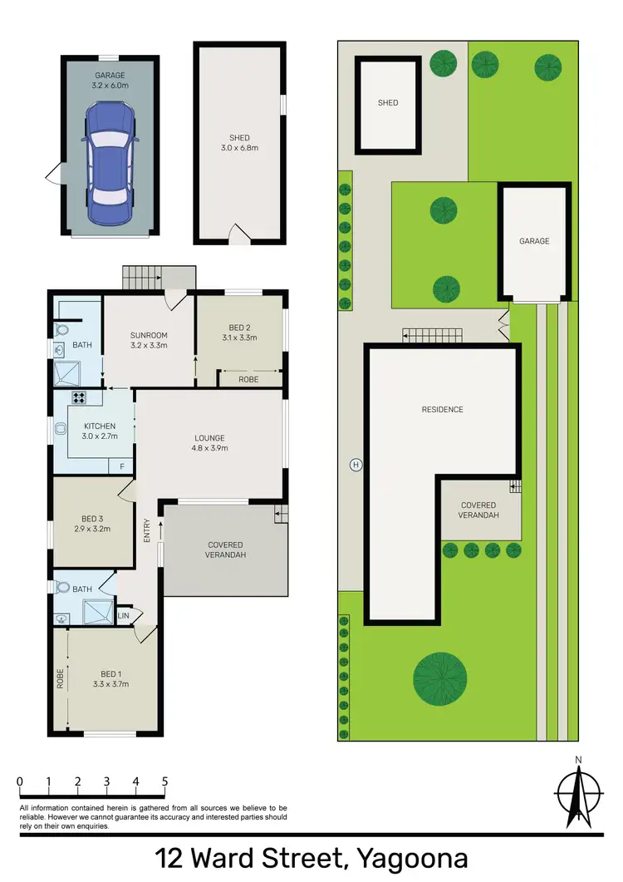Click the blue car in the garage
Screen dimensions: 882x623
click(110, 163)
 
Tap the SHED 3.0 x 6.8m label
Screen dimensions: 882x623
click(239, 143)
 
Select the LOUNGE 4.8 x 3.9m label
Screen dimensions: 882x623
click(209, 443)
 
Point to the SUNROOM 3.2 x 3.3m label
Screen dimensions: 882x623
click(149, 340)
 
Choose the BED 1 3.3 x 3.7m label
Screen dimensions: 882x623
click(110, 678)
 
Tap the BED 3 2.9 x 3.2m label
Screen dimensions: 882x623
click(92, 523)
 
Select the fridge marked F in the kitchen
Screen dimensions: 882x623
click(121, 466)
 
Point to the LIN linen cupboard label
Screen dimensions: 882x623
click(124, 615)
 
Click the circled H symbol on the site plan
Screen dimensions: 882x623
click(356, 463)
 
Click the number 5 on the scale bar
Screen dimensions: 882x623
click(164, 781)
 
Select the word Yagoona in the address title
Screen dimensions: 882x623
click(410, 858)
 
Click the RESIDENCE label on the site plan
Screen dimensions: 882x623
click(442, 409)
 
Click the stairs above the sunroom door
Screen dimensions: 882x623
click(158, 278)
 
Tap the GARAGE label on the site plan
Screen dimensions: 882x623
click(534, 241)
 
